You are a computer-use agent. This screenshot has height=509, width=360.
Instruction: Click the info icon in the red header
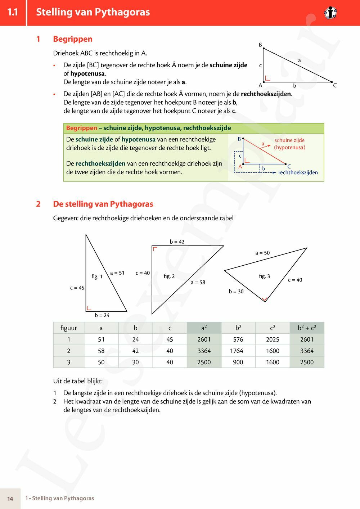[330, 13]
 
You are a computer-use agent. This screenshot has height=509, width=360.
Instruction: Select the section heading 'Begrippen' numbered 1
[73, 39]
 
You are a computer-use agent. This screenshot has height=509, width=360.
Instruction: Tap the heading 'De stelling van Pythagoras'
[103, 204]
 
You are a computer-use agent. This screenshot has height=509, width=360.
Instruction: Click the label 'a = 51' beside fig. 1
[117, 273]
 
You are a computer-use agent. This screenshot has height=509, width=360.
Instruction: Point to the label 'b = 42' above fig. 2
[177, 242]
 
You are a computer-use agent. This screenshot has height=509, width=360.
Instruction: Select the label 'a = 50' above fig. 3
[262, 253]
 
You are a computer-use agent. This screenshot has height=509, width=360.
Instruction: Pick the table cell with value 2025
[273, 339]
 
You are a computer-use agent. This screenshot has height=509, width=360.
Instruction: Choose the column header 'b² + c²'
[307, 328]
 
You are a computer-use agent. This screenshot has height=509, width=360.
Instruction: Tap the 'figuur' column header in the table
[69, 328]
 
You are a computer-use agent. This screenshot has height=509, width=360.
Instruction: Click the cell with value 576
[238, 339]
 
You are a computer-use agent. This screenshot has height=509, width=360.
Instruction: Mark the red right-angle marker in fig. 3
[265, 299]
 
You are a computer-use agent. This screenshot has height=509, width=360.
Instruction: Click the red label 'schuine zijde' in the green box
[289, 140]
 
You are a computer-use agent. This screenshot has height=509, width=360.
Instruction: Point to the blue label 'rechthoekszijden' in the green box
[298, 172]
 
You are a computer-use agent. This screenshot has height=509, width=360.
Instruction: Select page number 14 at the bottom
[10, 499]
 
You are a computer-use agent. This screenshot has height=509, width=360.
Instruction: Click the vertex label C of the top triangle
[335, 85]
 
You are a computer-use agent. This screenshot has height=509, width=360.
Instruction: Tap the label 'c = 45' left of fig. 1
[77, 288]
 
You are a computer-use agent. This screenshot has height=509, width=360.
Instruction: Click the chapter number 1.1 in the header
[13, 12]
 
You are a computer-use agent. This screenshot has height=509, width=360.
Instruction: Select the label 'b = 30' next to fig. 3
[236, 292]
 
